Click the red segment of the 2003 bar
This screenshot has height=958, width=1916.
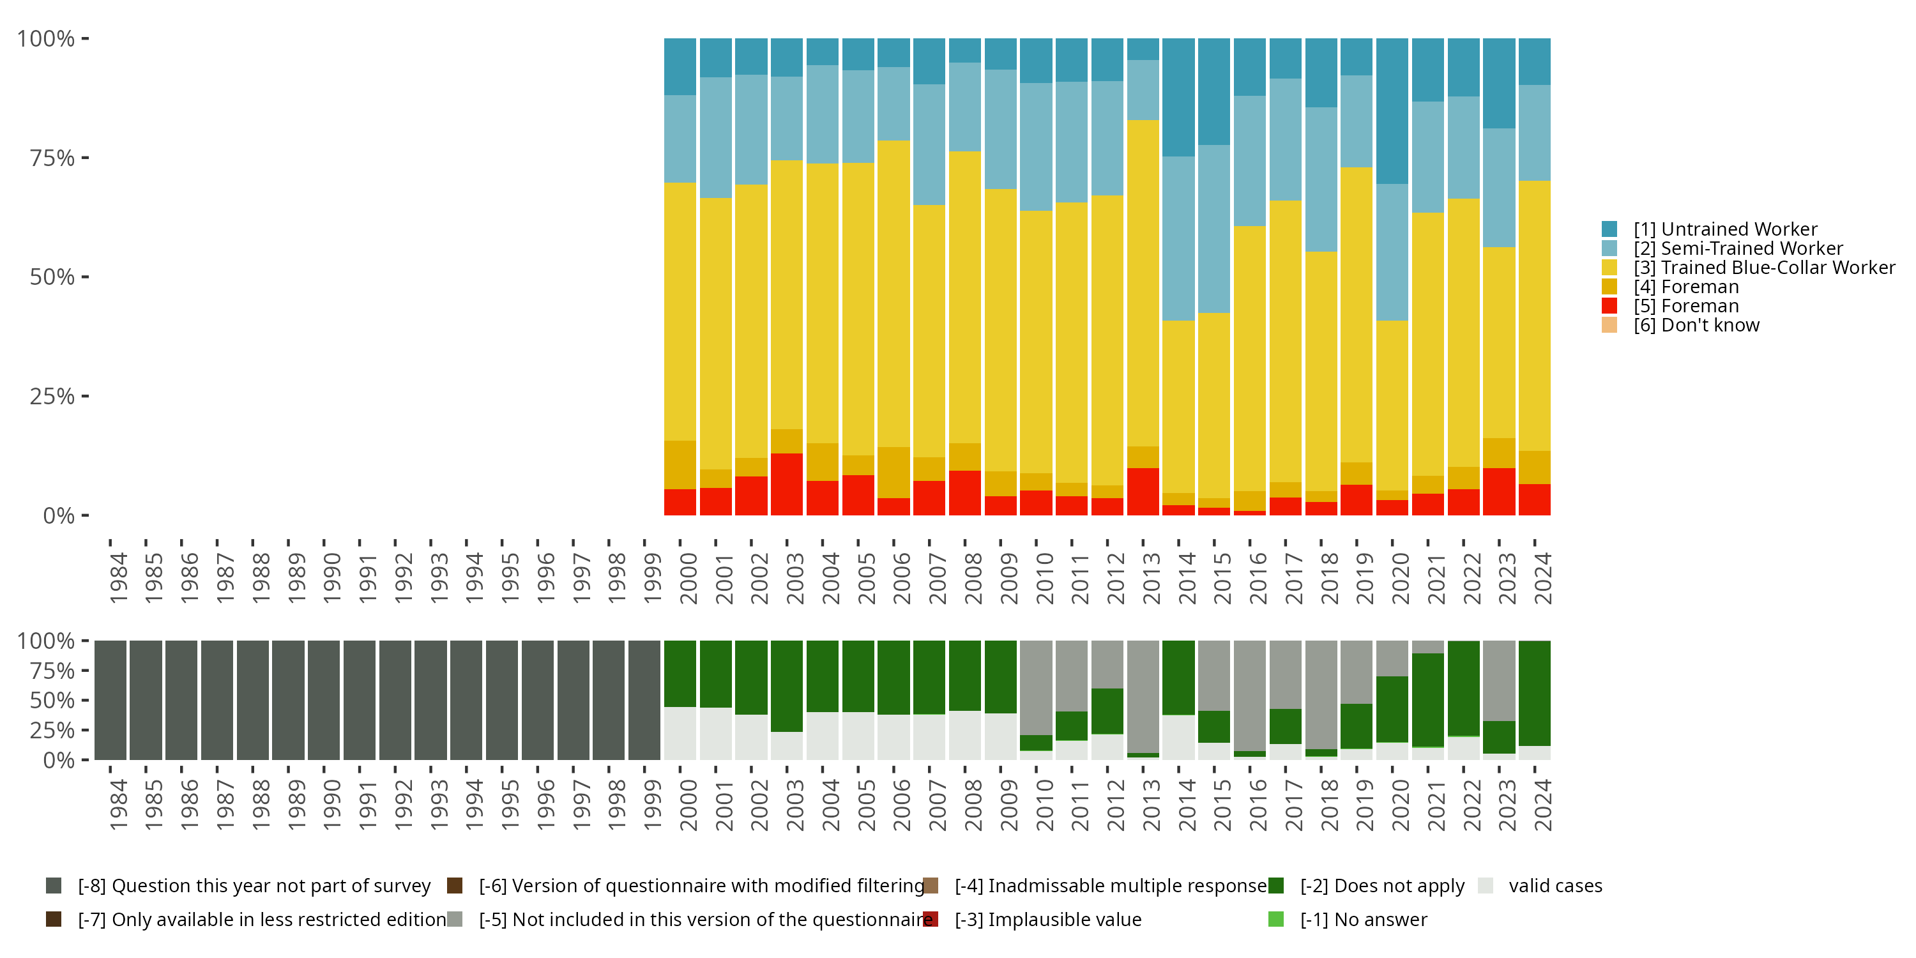[x=786, y=483]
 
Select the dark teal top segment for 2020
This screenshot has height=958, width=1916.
[x=1392, y=111]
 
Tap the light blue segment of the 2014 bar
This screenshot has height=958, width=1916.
[x=1178, y=238]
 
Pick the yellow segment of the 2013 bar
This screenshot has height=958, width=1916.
[x=1143, y=283]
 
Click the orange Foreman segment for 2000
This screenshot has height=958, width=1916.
[x=680, y=464]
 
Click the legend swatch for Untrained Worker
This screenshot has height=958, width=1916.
[x=1609, y=229]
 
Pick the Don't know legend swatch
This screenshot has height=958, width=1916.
[x=1609, y=325]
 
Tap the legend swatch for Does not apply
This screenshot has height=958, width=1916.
[x=1275, y=886]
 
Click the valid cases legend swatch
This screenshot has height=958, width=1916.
[x=1486, y=886]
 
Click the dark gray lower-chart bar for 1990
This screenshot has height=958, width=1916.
[x=324, y=700]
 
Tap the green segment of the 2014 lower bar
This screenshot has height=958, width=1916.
[x=1178, y=678]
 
